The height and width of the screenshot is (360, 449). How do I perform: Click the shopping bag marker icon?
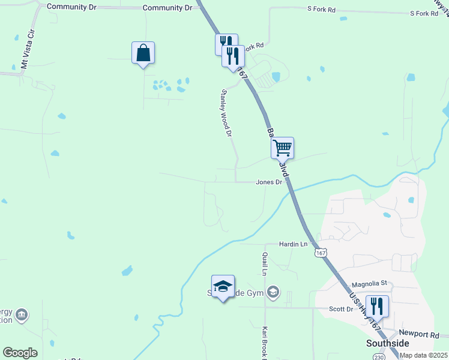click(143, 53)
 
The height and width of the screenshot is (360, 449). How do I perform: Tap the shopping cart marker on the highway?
click(282, 148)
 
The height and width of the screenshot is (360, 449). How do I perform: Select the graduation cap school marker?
click(223, 286)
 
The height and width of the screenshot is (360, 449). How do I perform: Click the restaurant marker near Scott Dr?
click(377, 307)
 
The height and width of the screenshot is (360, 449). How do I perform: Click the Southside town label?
click(388, 343)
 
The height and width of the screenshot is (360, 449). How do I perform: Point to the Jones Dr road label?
click(269, 182)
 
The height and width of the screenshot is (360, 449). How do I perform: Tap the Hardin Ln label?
click(293, 244)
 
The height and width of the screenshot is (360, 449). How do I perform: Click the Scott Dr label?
click(341, 309)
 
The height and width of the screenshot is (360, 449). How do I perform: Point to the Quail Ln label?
click(264, 265)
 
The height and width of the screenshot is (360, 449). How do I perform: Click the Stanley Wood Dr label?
click(226, 113)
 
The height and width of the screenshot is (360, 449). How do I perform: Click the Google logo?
click(20, 353)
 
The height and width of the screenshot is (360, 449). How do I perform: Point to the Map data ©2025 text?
click(423, 355)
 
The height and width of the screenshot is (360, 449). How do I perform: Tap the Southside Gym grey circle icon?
click(273, 292)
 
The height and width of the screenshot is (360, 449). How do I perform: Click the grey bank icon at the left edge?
click(22, 314)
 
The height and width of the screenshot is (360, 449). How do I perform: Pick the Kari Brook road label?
click(264, 342)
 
